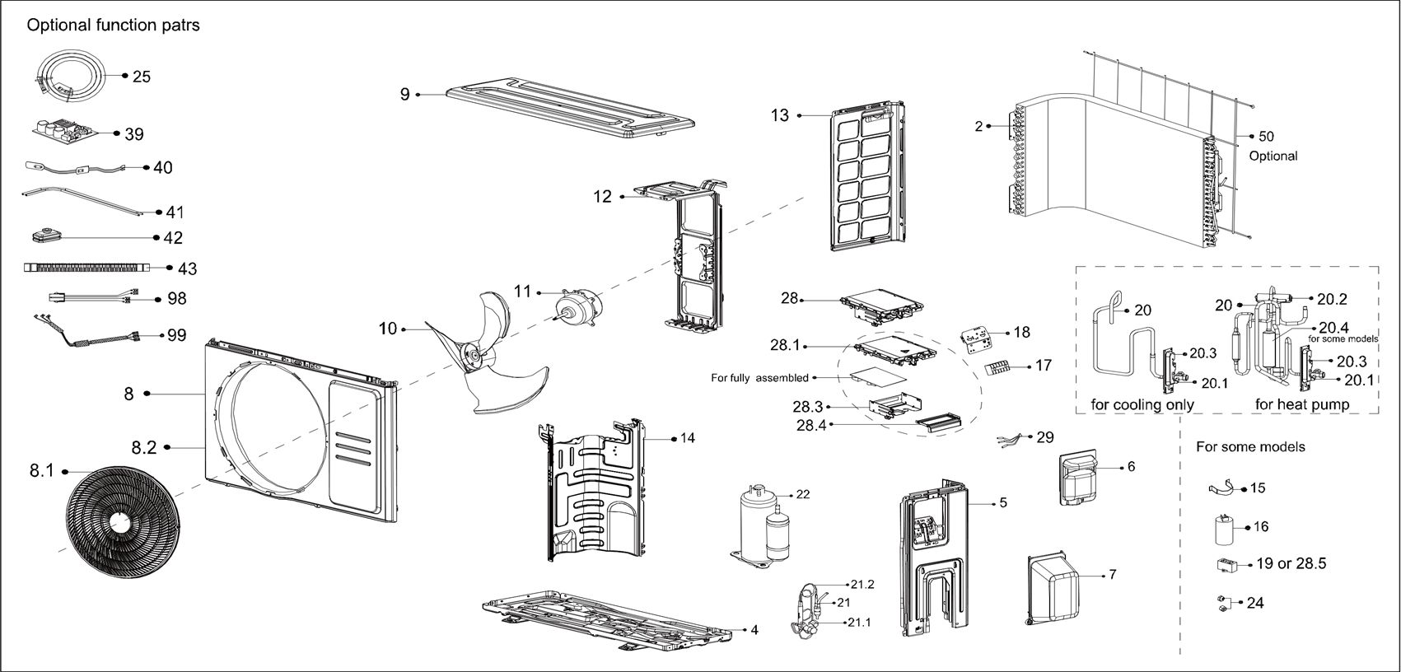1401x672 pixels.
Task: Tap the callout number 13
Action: tap(779, 115)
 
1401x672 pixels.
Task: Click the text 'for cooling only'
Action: tap(1142, 404)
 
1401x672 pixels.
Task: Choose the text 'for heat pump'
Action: tap(1301, 404)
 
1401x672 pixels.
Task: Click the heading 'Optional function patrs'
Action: tap(113, 26)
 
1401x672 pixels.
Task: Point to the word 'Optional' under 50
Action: tap(1273, 156)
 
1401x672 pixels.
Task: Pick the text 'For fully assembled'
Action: tap(759, 378)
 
